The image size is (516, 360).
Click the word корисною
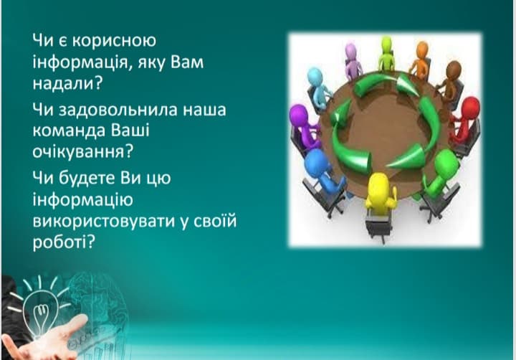114,41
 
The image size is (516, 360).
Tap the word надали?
68,83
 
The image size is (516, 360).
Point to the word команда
69,131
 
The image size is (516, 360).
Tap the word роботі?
64,242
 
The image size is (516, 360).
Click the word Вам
186,62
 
